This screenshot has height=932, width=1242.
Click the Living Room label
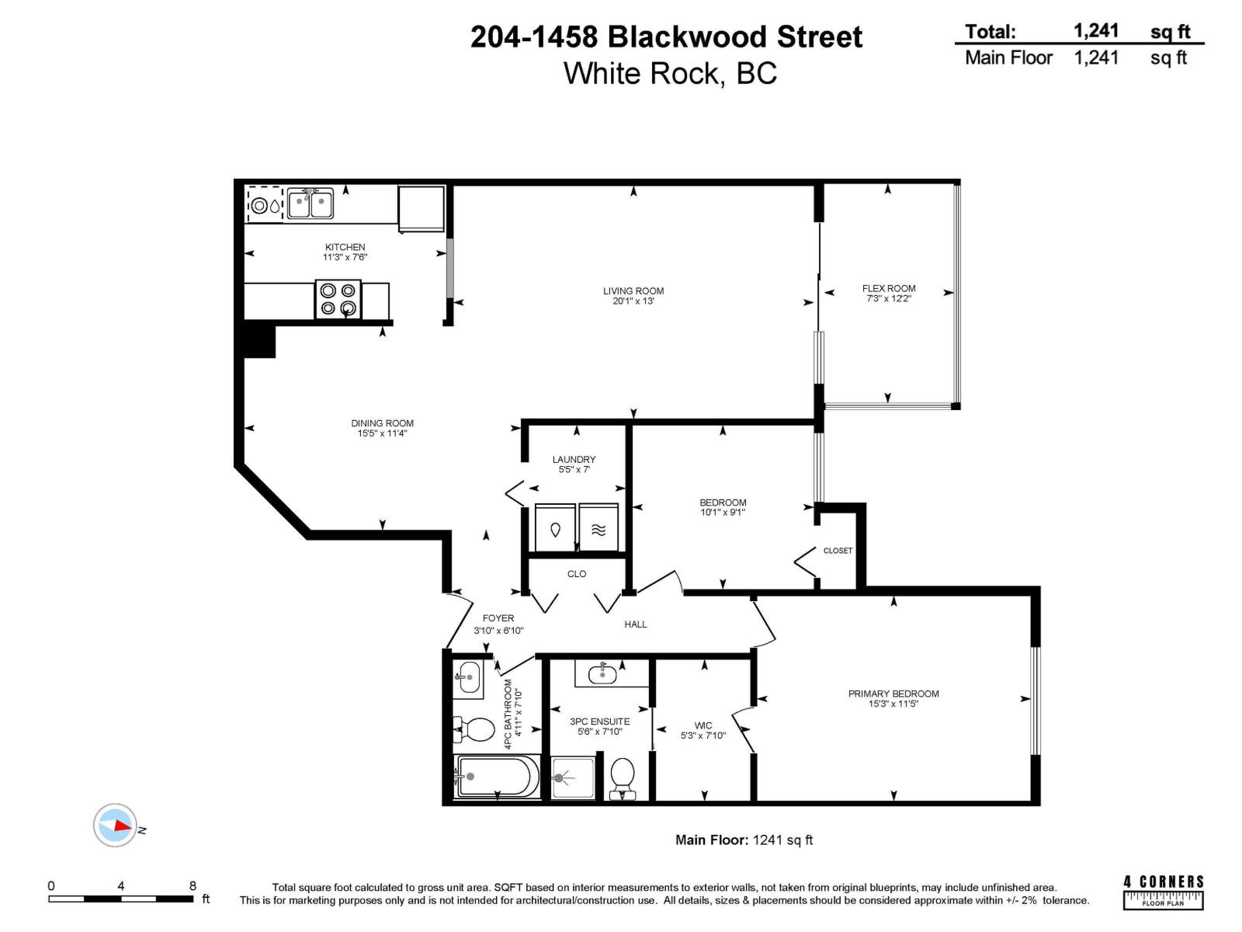633,291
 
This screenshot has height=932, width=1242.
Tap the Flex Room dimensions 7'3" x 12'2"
889,298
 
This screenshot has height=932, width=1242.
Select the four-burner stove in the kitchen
338,300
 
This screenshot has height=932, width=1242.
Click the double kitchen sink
310,203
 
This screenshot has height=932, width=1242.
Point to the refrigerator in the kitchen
422,207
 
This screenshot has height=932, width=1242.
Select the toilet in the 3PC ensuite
623,777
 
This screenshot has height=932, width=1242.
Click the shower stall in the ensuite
573,777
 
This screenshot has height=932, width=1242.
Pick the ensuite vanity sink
602,674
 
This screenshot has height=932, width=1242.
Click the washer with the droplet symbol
555,529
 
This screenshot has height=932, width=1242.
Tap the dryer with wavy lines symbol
598,529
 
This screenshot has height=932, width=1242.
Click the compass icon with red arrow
115,825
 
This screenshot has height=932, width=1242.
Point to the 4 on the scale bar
121,885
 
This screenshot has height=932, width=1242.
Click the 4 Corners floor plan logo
1163,891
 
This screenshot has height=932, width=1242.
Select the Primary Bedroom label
893,694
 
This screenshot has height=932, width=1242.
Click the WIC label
703,725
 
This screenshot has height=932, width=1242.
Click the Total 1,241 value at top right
1096,31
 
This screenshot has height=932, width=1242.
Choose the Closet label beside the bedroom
838,551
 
